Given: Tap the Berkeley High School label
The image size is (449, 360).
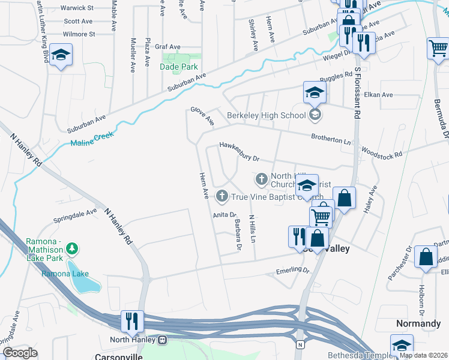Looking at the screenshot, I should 267,115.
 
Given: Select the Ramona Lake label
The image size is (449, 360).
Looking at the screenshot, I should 65,274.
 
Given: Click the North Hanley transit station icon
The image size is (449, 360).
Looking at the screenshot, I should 162,340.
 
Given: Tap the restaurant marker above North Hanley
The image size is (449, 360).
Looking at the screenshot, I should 130,321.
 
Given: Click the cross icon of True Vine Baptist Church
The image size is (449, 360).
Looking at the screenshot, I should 222,196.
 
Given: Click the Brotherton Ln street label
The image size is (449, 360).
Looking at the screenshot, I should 331,138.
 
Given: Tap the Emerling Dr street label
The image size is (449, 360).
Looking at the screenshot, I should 292,271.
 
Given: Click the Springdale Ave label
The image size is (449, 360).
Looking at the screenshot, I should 75,214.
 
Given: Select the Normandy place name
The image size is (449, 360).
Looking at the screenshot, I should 418,323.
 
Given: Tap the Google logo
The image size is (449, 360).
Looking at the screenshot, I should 20,353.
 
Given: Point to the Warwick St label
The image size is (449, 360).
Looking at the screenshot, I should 78,8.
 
